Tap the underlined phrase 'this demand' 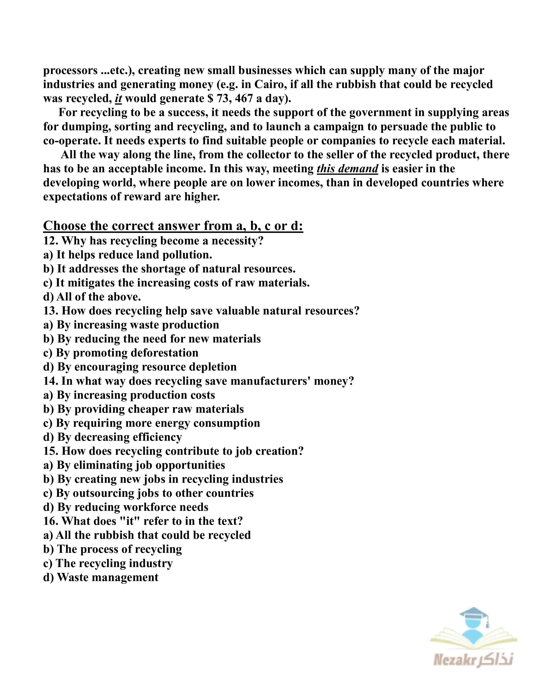(x=347, y=169)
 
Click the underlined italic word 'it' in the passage (x=118, y=98)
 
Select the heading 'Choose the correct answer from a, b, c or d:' (x=173, y=226)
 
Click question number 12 (x=51, y=241)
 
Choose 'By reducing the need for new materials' (x=159, y=339)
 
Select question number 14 (x=51, y=381)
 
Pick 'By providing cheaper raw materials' (x=150, y=409)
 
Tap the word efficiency (x=157, y=437)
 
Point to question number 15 (x=51, y=451)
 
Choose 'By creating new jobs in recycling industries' (x=170, y=479)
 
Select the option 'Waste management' (x=108, y=578)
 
